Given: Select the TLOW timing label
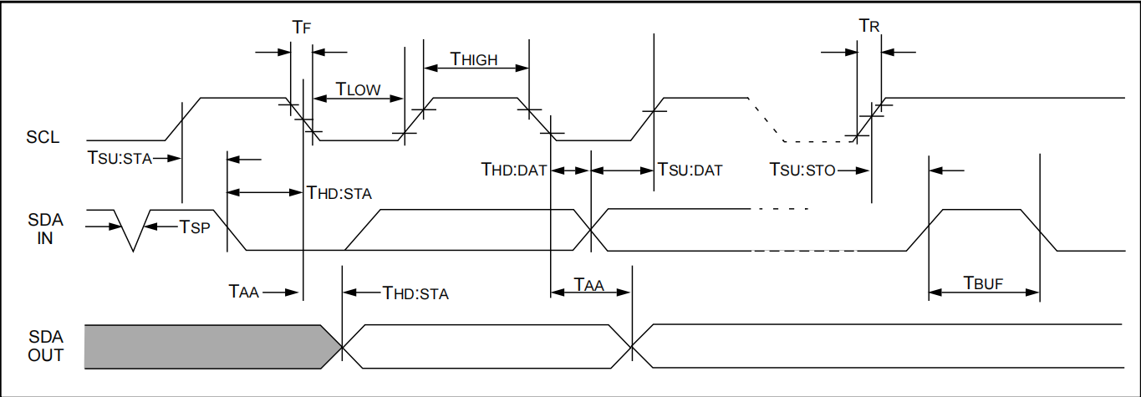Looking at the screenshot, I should pos(358,88).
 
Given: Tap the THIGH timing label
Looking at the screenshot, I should pos(474,59).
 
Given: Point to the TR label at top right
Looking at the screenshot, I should pos(869,27).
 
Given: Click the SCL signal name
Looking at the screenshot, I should pos(43,137).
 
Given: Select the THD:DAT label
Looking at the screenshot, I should pos(513,170).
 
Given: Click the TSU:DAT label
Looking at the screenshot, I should pos(690,170).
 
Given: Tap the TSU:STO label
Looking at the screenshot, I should pos(802,170).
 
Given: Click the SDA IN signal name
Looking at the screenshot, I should pos(44,228).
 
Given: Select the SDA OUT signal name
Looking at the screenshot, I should pos(44,346).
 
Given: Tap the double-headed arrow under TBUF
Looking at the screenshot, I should pos(984,293).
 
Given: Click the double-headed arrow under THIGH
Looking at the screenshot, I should pos(476,69).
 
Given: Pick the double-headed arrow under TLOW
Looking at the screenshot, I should pos(358,99).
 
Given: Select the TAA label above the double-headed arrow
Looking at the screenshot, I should pos(588,283).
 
